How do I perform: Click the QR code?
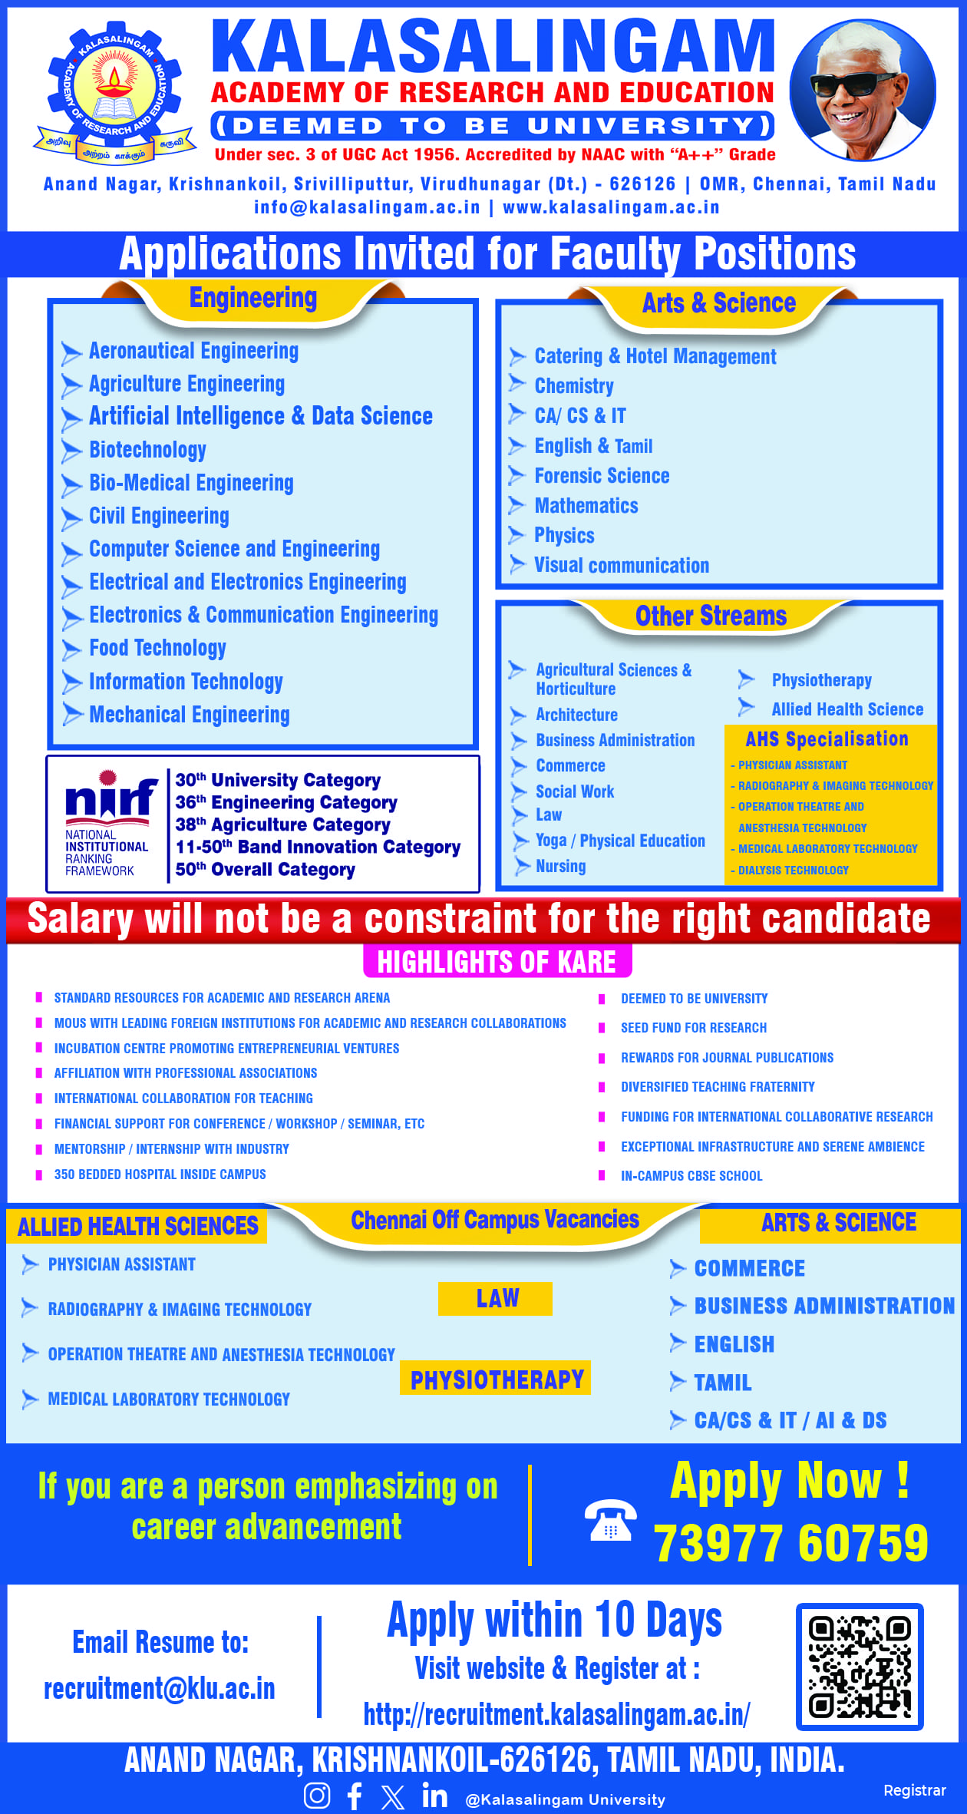(860, 1667)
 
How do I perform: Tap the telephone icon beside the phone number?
(610, 1520)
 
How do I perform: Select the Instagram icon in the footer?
(317, 1796)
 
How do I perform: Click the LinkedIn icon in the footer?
(434, 1796)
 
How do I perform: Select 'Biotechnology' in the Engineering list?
(147, 450)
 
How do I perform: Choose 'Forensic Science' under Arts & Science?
(602, 476)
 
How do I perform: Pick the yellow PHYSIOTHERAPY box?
(496, 1379)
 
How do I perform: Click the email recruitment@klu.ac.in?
(160, 1689)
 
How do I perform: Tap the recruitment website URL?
(556, 1714)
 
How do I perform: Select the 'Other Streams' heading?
(711, 616)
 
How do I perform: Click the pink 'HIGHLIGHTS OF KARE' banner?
(497, 962)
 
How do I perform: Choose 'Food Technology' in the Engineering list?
(157, 648)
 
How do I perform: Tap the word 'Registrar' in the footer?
(914, 1790)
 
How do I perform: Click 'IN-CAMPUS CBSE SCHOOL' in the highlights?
(691, 1175)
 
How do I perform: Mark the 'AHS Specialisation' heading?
(827, 738)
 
